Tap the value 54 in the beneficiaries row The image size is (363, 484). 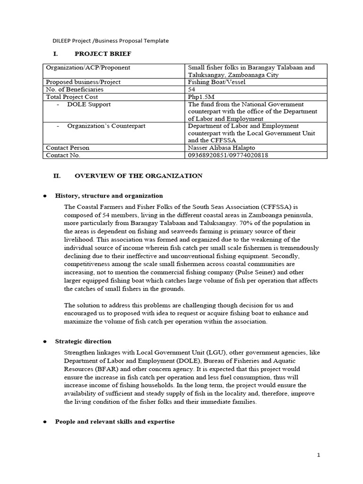point(192,89)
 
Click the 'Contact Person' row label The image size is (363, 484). point(68,147)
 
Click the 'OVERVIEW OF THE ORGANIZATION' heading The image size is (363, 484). point(138,176)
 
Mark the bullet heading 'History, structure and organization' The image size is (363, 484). point(109,196)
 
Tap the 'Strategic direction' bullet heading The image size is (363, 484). point(83,341)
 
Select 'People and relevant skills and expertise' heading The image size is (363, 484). point(115,422)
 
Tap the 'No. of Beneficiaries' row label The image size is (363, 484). point(74,89)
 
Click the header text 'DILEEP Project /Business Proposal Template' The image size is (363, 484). point(110,41)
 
